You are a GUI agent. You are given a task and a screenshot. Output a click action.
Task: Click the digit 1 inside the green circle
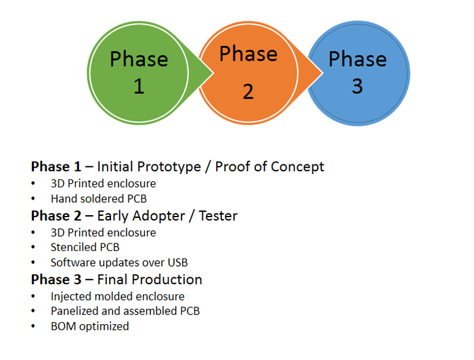139,87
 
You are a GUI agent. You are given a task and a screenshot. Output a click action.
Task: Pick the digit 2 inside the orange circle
248,91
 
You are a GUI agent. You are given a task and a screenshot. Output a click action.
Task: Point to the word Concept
299,166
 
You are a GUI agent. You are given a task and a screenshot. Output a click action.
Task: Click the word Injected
71,296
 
